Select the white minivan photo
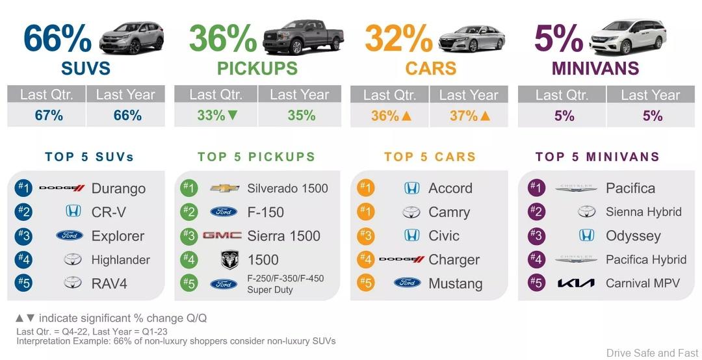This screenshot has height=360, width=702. click(x=628, y=36)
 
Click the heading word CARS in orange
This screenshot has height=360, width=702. click(x=430, y=68)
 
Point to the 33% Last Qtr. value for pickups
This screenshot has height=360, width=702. click(x=211, y=116)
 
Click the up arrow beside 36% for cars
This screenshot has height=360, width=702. click(x=408, y=116)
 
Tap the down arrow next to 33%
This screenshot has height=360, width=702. click(x=233, y=116)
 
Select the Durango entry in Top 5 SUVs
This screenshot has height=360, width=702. click(x=118, y=188)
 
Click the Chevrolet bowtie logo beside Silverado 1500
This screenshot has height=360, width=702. click(x=225, y=188)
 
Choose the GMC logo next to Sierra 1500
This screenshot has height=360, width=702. click(x=222, y=235)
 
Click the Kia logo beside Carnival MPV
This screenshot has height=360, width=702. click(x=576, y=283)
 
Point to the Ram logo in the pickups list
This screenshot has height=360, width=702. click(x=229, y=260)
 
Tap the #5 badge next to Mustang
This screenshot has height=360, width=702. click(x=366, y=283)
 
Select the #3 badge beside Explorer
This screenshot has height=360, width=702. click(x=23, y=236)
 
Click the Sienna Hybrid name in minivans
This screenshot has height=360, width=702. click(x=643, y=212)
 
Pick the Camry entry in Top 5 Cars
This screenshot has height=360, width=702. click(x=449, y=212)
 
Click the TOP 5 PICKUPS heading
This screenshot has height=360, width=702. click(x=256, y=157)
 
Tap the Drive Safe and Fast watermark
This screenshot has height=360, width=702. click(x=652, y=353)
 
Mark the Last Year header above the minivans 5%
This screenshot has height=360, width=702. click(x=651, y=95)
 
